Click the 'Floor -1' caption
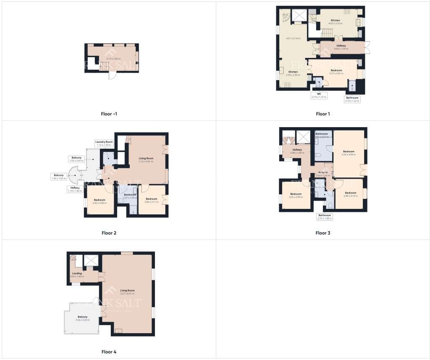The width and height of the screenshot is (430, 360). [109, 114]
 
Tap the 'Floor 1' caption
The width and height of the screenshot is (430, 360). [323, 114]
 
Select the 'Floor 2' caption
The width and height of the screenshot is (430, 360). [109, 233]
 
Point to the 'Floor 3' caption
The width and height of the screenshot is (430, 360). [323, 233]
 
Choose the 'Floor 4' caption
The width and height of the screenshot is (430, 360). [109, 352]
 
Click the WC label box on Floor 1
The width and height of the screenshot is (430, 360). [319, 95]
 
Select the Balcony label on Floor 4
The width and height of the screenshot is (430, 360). [82, 318]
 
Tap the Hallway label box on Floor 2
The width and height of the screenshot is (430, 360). [75, 189]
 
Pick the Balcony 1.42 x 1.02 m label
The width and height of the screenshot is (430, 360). [59, 177]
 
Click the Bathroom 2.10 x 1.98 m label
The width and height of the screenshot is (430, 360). [325, 217]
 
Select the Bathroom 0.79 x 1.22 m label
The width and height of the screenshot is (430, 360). [352, 99]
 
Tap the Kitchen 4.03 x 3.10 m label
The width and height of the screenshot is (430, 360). [335, 22]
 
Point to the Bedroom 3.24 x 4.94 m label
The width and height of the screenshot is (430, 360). [349, 153]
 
